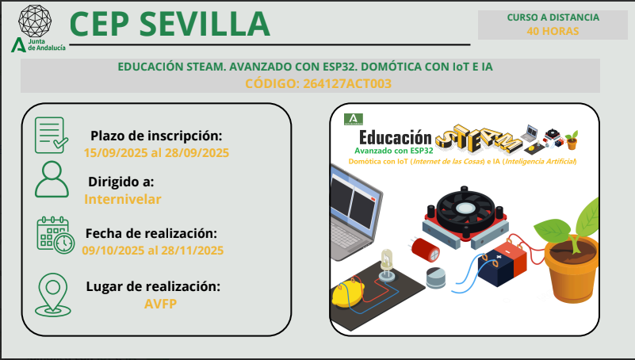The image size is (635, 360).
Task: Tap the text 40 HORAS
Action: (553, 31)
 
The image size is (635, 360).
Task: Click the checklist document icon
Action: (50, 135)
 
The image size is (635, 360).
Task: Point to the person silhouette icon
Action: (52, 179)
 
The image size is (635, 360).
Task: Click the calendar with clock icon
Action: (54, 233)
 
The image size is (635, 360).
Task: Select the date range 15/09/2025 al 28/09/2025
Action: (156, 152)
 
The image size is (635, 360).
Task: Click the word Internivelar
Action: (123, 198)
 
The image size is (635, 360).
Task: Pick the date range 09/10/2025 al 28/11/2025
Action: (153, 250)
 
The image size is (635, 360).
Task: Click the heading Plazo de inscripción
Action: (156, 136)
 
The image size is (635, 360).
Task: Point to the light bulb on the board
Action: (388, 262)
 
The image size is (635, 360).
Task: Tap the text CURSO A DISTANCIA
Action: (553, 17)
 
